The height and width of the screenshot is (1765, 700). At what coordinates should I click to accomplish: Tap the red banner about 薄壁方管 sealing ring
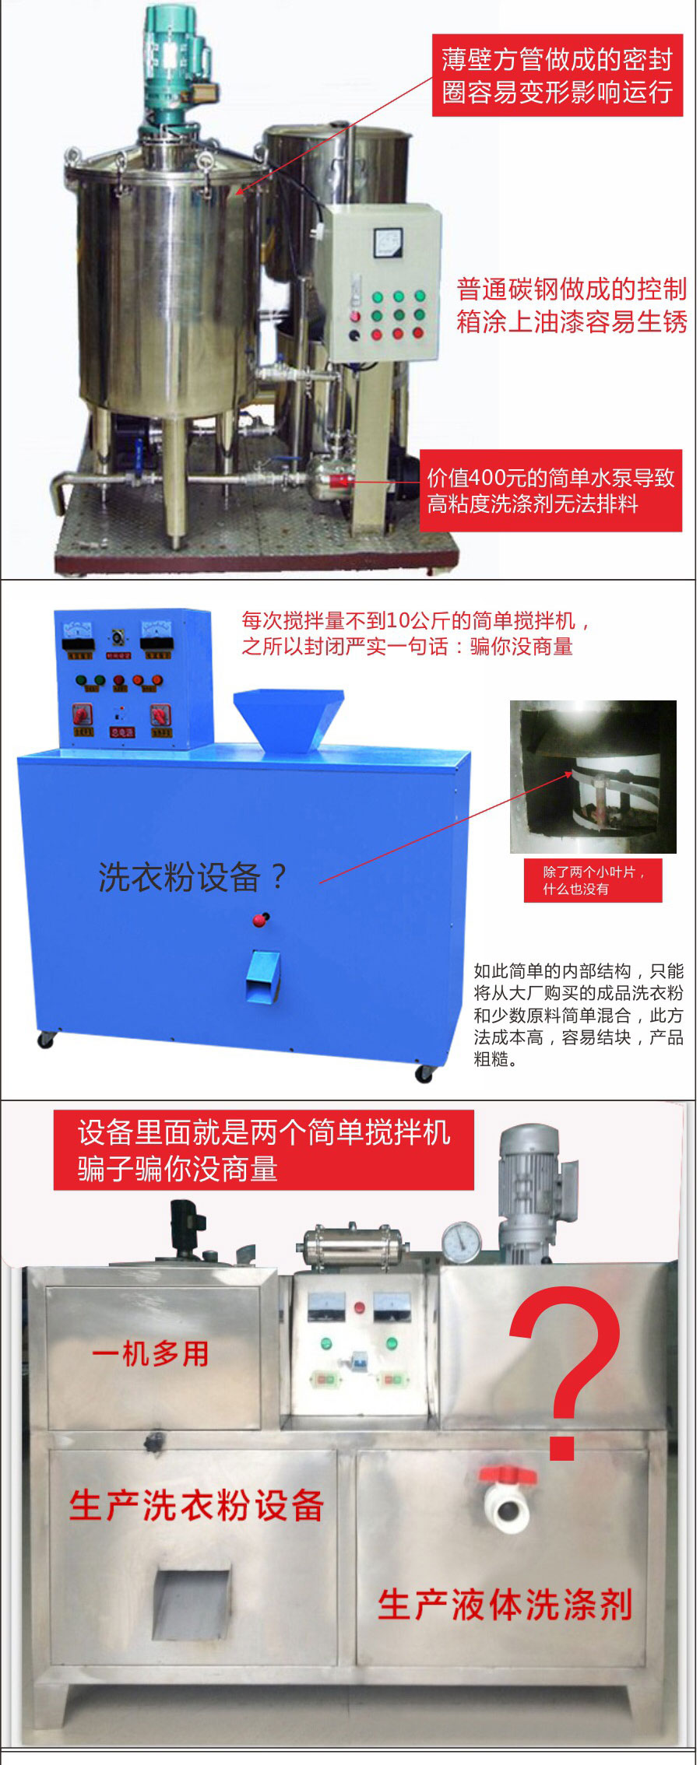pyautogui.click(x=558, y=75)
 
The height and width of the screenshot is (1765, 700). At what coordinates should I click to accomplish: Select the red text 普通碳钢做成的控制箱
pyautogui.click(x=572, y=305)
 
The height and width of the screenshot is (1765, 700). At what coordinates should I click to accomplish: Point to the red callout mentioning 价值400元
pyautogui.click(x=551, y=491)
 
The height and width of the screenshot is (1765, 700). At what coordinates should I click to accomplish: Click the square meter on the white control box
pyautogui.click(x=388, y=242)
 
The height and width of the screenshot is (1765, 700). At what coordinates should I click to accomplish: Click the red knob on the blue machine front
pyautogui.click(x=260, y=920)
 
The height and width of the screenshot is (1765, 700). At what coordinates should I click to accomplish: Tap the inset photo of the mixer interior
pyautogui.click(x=593, y=777)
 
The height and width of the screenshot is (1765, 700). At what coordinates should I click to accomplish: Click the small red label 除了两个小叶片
pyautogui.click(x=593, y=880)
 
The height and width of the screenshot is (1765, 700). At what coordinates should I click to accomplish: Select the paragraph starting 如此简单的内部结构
pyautogui.click(x=579, y=1015)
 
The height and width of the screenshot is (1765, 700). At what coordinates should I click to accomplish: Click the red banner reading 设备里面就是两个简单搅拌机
pyautogui.click(x=264, y=1150)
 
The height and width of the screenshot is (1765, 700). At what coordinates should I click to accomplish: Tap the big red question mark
pyautogui.click(x=566, y=1374)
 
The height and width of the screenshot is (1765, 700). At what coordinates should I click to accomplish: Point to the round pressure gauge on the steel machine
pyautogui.click(x=462, y=1242)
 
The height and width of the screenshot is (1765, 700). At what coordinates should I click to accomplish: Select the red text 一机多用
pyautogui.click(x=150, y=1354)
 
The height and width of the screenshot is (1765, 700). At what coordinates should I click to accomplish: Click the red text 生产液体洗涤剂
pyautogui.click(x=505, y=1604)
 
